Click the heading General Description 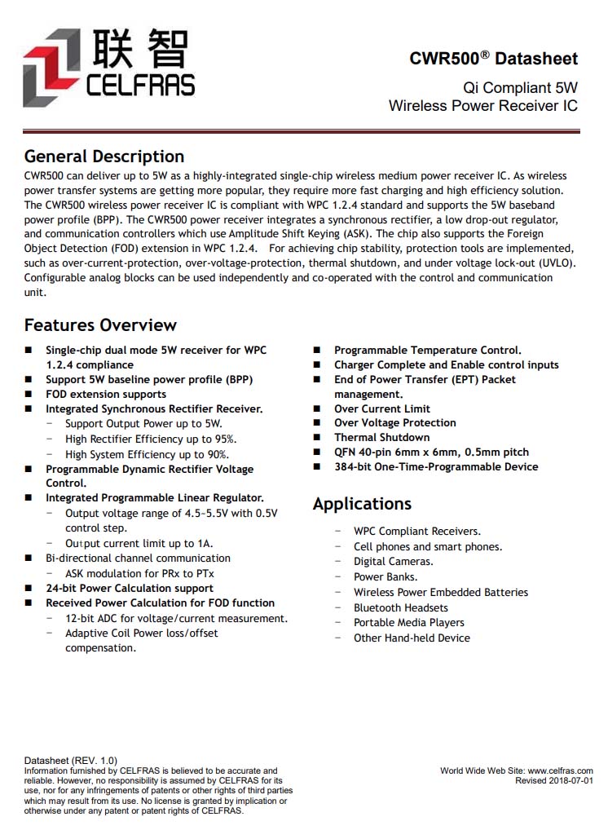tap(104, 157)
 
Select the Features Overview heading tap(100, 325)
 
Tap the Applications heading tap(362, 504)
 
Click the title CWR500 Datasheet tap(493, 59)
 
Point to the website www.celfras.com tap(560, 770)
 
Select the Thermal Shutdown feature tap(381, 438)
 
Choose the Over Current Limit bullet tap(381, 408)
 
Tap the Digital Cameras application tap(393, 562)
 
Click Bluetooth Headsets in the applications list tap(400, 607)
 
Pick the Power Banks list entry tap(386, 577)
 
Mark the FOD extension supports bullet tap(106, 395)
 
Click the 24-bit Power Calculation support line tap(130, 588)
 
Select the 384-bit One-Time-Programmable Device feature tap(436, 467)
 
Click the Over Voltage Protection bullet tap(394, 423)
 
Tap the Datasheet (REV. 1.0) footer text tap(71, 761)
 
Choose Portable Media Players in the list tap(408, 623)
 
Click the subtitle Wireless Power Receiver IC tap(482, 106)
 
